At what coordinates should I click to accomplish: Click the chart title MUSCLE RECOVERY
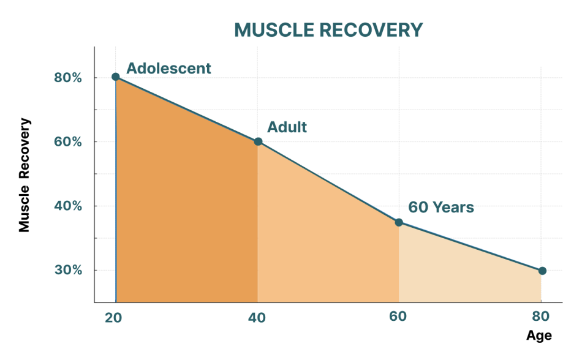(328, 30)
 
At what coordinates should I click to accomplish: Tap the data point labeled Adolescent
(116, 77)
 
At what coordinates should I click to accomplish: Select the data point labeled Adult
(258, 141)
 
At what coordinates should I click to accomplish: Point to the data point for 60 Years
(399, 222)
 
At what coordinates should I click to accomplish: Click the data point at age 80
(542, 271)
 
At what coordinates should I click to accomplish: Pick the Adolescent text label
(168, 68)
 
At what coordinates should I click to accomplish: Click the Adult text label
(287, 127)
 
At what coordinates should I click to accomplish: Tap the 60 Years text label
(441, 208)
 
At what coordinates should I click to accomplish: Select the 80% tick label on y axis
(67, 78)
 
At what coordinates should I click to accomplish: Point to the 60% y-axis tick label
(67, 141)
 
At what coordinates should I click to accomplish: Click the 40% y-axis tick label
(67, 206)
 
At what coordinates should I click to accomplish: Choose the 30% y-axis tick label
(67, 270)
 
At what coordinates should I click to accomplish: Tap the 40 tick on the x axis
(257, 317)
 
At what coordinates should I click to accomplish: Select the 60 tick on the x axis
(398, 317)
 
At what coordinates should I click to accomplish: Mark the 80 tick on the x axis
(539, 317)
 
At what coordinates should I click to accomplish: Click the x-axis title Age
(539, 336)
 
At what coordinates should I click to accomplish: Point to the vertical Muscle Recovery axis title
(24, 174)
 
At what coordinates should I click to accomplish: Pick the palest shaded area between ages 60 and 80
(466, 276)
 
